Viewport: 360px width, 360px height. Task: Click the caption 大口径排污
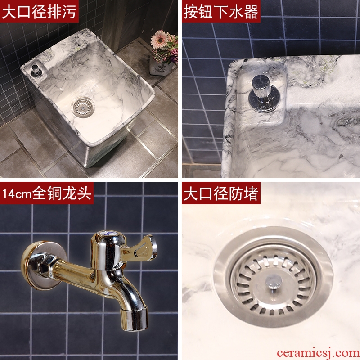click(39, 12)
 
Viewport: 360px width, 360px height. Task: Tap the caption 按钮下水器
click(220, 12)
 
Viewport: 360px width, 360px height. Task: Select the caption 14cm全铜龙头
click(47, 193)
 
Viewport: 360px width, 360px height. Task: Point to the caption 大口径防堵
click(220, 193)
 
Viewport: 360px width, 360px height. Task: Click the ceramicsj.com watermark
click(318, 353)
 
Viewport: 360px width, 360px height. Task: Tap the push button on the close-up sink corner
click(264, 94)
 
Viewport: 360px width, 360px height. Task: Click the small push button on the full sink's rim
click(36, 71)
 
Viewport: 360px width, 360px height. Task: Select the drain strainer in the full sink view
click(83, 108)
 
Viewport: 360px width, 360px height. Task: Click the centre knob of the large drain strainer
click(274, 282)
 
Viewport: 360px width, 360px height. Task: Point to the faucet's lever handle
click(143, 247)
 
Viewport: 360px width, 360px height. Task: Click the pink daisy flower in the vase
click(160, 40)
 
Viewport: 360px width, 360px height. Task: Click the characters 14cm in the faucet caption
click(17, 194)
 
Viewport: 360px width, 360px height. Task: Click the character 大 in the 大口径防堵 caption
click(191, 193)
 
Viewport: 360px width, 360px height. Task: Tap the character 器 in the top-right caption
click(251, 12)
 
